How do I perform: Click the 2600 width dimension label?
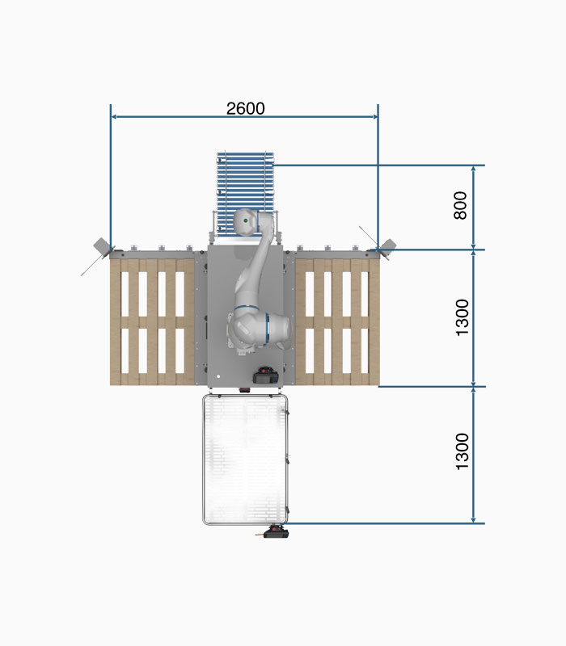coord(246,108)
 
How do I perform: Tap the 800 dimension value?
coord(460,205)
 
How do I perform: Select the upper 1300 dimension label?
coord(462,317)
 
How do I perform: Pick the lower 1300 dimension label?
coord(462,451)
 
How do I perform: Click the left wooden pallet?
coord(152,321)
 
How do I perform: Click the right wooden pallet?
coord(337,321)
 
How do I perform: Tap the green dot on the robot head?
coord(246,220)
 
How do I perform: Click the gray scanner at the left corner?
coord(102,247)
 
